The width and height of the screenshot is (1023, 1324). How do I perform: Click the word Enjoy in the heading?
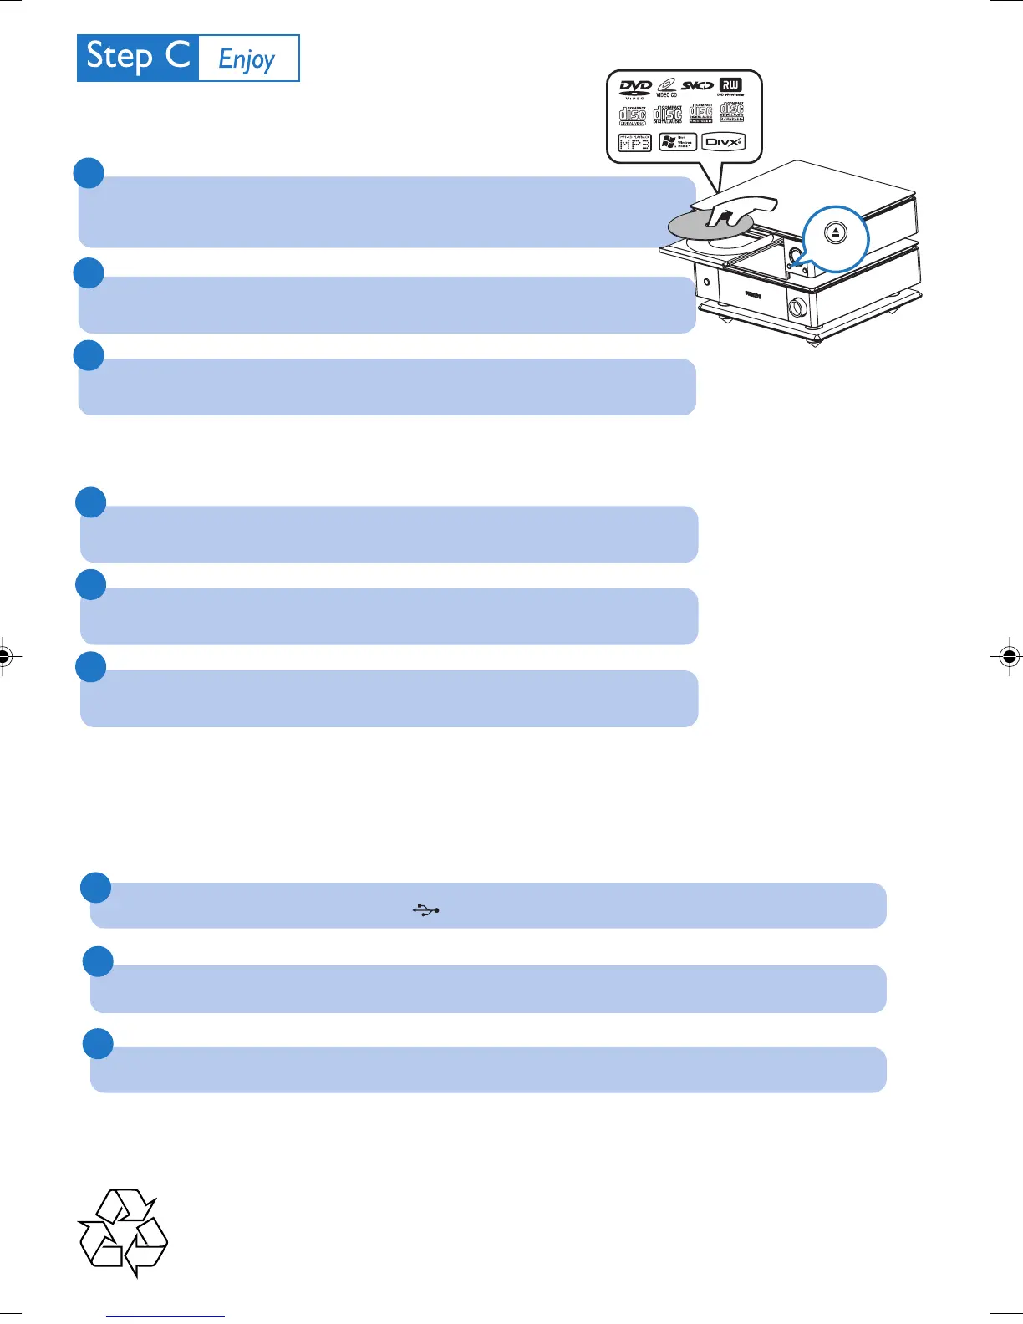pyautogui.click(x=247, y=59)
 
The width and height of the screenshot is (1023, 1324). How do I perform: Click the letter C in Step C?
pyautogui.click(x=177, y=56)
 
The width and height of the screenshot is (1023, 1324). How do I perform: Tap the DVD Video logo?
pyautogui.click(x=635, y=89)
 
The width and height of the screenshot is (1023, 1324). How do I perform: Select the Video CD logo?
pyautogui.click(x=666, y=87)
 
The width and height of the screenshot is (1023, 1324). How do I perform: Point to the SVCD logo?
pyautogui.click(x=697, y=86)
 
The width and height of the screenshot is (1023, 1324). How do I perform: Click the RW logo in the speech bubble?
pyautogui.click(x=730, y=86)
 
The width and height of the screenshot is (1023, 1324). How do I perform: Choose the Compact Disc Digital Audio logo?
pyautogui.click(x=668, y=115)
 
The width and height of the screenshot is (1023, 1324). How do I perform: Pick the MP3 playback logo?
pyautogui.click(x=634, y=142)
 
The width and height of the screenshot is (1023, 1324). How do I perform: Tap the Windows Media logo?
pyautogui.click(x=678, y=142)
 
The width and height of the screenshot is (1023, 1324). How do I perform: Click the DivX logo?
pyautogui.click(x=723, y=142)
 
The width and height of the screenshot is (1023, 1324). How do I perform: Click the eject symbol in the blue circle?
pyautogui.click(x=836, y=233)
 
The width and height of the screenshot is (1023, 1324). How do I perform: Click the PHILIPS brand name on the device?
pyautogui.click(x=753, y=295)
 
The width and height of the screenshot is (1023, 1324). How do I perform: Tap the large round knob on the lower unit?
pyautogui.click(x=797, y=308)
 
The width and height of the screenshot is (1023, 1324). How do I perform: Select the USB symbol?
pyautogui.click(x=426, y=910)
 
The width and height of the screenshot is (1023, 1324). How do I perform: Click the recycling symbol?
pyautogui.click(x=124, y=1232)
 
